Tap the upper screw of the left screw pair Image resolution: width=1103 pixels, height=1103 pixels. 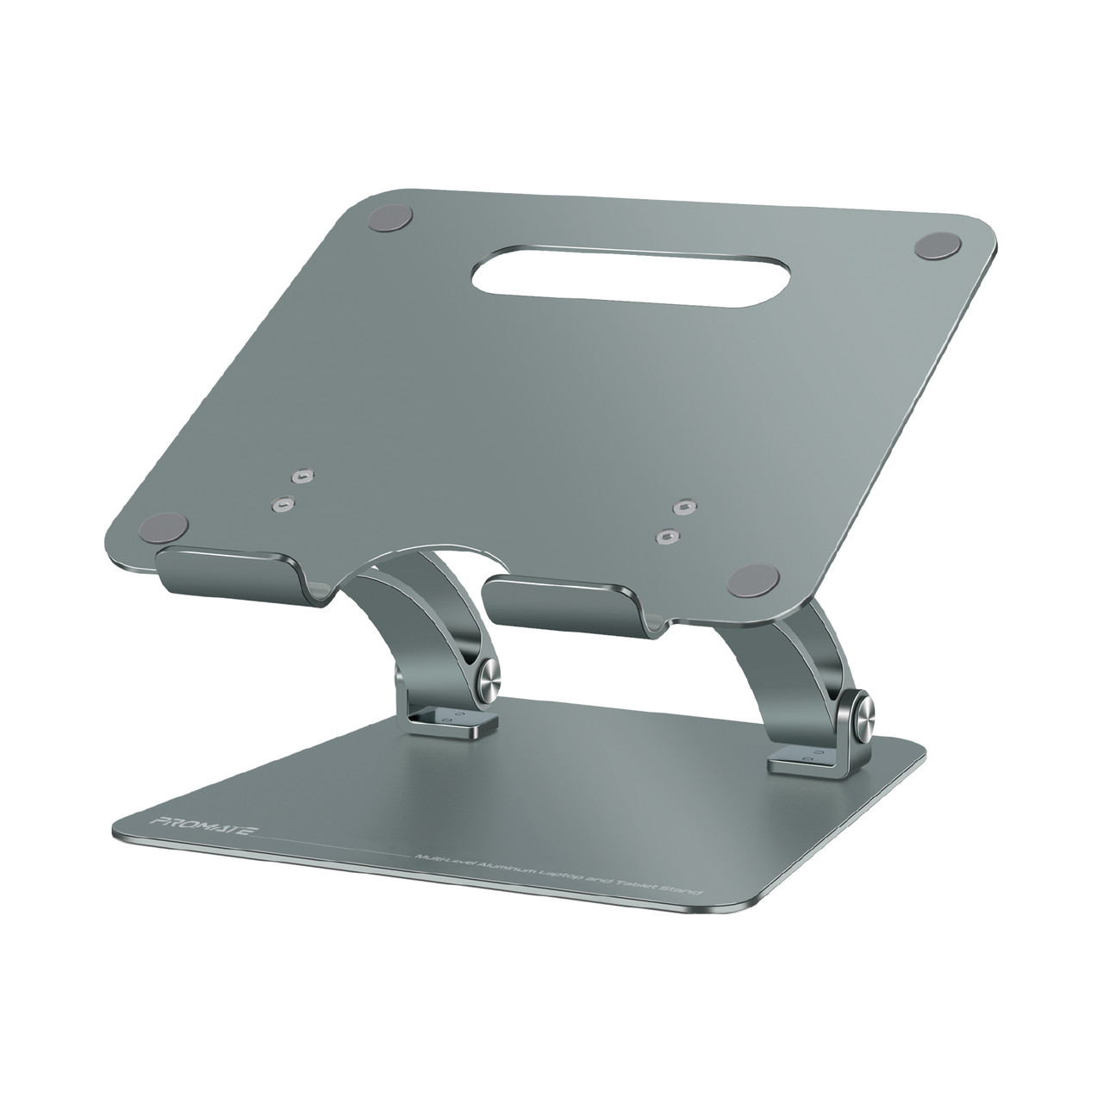301,475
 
